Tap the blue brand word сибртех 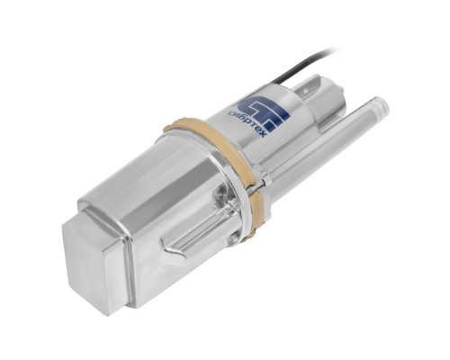click(247, 124)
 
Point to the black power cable click(303, 66)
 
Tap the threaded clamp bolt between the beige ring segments click(255, 187)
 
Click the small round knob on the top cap click(340, 89)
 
